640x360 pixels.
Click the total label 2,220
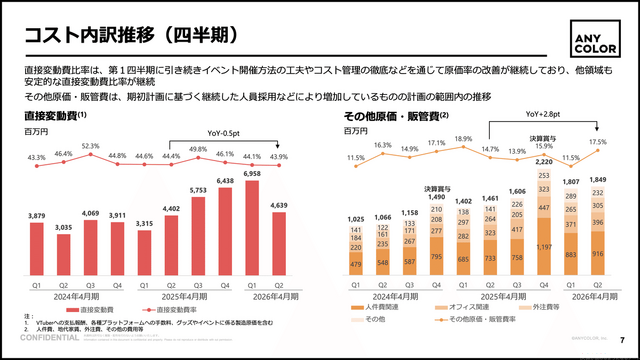click(545, 162)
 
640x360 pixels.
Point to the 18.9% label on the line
click(463, 139)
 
